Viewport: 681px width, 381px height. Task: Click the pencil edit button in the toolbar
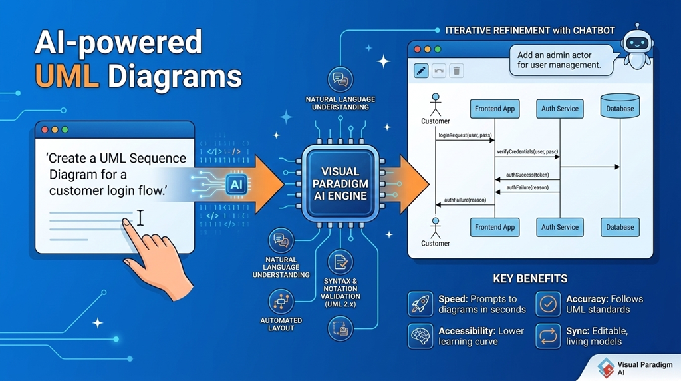421,70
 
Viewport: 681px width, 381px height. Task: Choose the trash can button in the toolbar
456,70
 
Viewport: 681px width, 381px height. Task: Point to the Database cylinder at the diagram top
620,107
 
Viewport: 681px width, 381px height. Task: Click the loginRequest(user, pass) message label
465,136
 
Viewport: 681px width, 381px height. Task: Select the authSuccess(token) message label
527,175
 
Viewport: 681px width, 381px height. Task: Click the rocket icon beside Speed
420,304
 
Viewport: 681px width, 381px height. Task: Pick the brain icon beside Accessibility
420,336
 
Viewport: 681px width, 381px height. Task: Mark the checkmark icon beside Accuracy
548,304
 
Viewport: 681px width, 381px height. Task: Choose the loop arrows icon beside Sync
548,336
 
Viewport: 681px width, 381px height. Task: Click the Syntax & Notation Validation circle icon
340,262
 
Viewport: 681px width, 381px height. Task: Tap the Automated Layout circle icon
281,302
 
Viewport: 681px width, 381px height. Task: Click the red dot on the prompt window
45,130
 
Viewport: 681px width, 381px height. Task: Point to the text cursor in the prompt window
140,218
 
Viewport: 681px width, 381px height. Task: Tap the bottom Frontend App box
495,227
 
